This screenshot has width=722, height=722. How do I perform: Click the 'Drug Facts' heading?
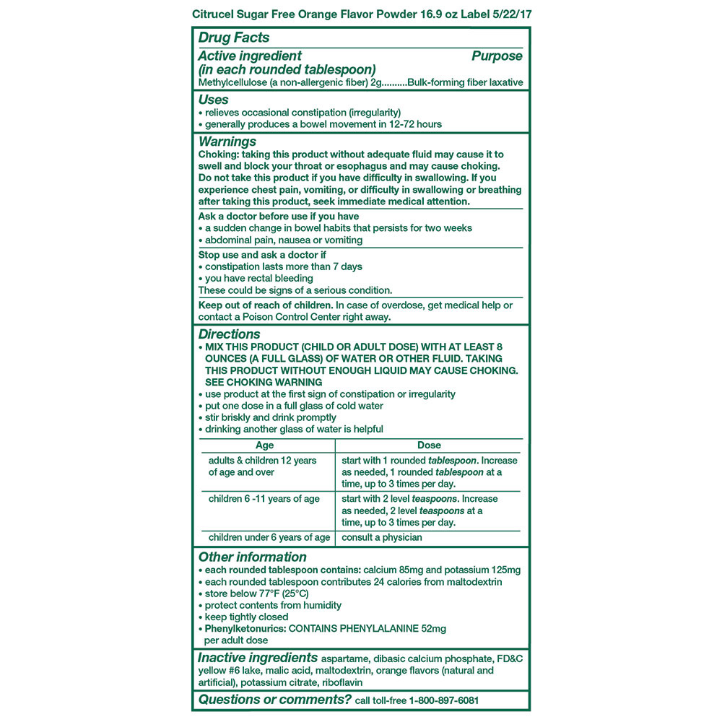pyautogui.click(x=234, y=38)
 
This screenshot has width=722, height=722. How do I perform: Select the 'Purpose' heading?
pyautogui.click(x=497, y=56)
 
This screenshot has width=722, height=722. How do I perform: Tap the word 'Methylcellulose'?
pyautogui.click(x=234, y=82)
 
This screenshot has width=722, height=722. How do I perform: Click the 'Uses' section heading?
pyautogui.click(x=214, y=100)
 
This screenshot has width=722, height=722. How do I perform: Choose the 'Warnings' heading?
pyautogui.click(x=227, y=142)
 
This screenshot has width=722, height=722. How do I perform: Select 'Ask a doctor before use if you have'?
pyautogui.click(x=279, y=216)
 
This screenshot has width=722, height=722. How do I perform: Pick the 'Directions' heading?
pyautogui.click(x=230, y=334)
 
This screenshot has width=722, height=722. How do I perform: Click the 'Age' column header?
pyautogui.click(x=265, y=445)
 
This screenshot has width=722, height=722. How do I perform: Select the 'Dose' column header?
pyautogui.click(x=429, y=445)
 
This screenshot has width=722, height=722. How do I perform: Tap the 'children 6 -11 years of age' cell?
pyautogui.click(x=264, y=499)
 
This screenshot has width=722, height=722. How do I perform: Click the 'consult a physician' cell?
pyautogui.click(x=382, y=537)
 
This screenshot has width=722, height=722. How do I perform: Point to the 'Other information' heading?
pyautogui.click(x=253, y=557)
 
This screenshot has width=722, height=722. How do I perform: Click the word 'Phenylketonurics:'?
pyautogui.click(x=245, y=629)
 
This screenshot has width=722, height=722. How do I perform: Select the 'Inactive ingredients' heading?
pyautogui.click(x=258, y=658)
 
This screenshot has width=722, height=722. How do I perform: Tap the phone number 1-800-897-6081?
pyautogui.click(x=443, y=700)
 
